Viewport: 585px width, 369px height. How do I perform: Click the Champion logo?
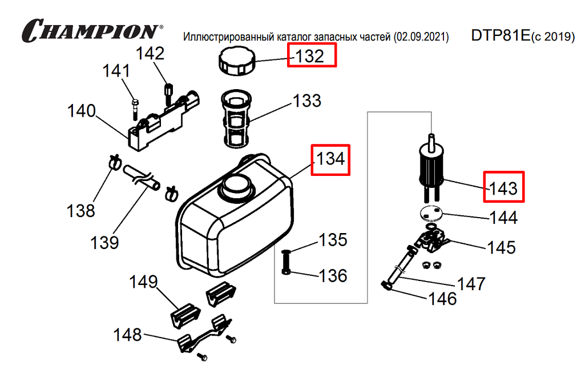[x=91, y=30]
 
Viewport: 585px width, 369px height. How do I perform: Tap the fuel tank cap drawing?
[x=237, y=61]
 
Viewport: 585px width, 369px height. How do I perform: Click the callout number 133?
[x=307, y=101]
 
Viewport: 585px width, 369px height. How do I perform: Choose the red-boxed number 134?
[x=330, y=159]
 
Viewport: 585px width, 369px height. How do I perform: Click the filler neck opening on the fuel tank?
[x=236, y=185]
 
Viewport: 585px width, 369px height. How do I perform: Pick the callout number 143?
[x=504, y=187]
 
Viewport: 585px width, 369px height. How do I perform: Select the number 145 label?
[x=501, y=247]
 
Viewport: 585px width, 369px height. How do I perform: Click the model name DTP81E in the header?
[x=501, y=35]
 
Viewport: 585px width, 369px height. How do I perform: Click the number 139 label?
[x=104, y=242]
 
